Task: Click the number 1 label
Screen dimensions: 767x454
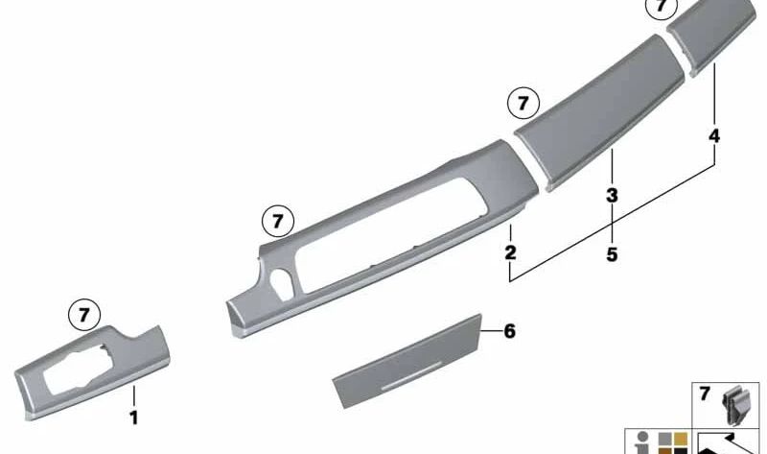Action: coord(133,418)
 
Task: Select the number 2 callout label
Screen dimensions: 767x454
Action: coord(510,252)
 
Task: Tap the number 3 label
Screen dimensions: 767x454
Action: coord(612,196)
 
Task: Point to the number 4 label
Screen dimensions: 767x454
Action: coord(714,135)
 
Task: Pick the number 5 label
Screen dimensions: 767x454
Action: coord(612,254)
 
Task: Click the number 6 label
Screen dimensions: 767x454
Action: coord(510,331)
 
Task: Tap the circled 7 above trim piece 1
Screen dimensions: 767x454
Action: coord(84,315)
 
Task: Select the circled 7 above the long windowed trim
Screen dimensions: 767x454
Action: coord(278,222)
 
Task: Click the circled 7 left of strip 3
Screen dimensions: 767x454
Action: coord(523,104)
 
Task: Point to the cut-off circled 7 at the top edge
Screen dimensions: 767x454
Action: coord(662,6)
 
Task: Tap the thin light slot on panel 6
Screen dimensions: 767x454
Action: coord(411,377)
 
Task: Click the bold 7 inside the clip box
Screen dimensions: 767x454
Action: coord(705,394)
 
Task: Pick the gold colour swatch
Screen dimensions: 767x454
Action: coord(681,439)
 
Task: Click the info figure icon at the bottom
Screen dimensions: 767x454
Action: coord(642,442)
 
